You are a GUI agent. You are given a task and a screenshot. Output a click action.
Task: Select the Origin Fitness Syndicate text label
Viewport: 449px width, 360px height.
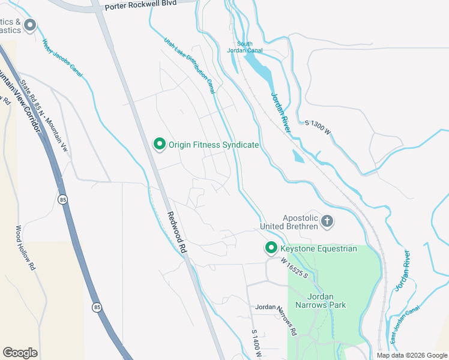point(214,145)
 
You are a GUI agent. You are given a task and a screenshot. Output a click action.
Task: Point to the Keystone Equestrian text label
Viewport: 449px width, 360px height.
point(318,248)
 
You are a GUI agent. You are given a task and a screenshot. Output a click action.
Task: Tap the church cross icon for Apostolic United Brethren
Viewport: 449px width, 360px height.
point(327,222)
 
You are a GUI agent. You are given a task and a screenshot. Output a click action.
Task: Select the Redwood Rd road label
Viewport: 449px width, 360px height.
point(178,236)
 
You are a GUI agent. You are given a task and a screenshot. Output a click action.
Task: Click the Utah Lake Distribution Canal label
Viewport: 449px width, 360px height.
point(190,66)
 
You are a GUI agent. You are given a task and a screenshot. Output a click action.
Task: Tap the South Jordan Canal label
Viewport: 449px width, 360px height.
point(244,47)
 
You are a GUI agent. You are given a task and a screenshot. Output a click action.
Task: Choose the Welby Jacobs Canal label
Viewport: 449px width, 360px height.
point(62,58)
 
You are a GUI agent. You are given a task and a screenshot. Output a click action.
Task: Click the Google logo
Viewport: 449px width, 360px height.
point(20,353)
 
